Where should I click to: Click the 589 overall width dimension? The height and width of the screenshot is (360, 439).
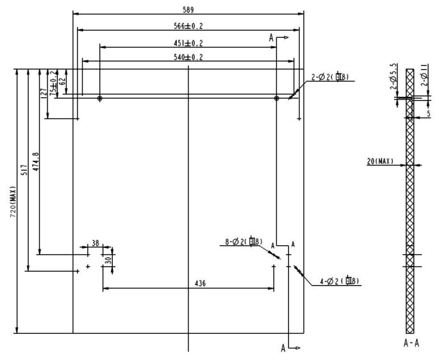[x=188, y=10]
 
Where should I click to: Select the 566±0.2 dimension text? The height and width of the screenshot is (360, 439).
[x=188, y=26]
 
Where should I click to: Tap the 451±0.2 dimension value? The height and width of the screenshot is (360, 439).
[x=188, y=43]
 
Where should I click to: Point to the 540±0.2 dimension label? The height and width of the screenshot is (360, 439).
[x=188, y=58]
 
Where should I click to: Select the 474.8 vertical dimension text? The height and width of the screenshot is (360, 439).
[x=36, y=163]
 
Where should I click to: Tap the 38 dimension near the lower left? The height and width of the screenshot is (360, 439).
[x=95, y=243]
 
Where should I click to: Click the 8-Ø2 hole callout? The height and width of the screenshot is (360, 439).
[x=242, y=241]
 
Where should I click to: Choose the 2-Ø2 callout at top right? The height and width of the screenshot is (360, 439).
[x=331, y=78]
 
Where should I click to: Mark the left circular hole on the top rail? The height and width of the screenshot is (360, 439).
[x=100, y=99]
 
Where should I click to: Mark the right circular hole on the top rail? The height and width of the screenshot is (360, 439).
[x=276, y=99]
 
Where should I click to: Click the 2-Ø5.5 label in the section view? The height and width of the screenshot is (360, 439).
[x=393, y=75]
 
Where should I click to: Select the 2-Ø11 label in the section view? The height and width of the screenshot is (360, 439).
[x=425, y=76]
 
